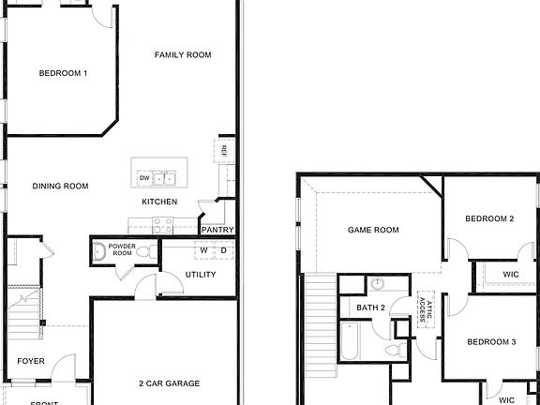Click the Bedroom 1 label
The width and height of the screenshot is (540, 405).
[x=64, y=73]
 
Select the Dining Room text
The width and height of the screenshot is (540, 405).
[x=61, y=187]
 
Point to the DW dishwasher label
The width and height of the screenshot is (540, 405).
[x=144, y=177]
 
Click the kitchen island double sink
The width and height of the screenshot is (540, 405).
[x=166, y=177]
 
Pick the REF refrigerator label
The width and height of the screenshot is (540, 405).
[x=224, y=150]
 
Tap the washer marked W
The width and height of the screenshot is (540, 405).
[x=203, y=250]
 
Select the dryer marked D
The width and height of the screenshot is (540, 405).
[x=224, y=250]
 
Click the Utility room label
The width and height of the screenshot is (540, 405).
[x=201, y=275]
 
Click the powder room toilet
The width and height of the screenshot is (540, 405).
[x=99, y=251]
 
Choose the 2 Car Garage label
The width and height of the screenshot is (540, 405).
[x=169, y=383]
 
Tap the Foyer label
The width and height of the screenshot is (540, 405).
[x=31, y=361]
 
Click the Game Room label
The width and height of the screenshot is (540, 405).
[x=373, y=230]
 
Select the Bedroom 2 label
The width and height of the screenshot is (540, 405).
[x=490, y=219]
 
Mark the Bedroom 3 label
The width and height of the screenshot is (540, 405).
[x=491, y=342]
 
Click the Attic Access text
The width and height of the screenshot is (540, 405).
[x=425, y=307]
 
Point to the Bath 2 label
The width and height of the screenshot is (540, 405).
[x=371, y=307]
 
